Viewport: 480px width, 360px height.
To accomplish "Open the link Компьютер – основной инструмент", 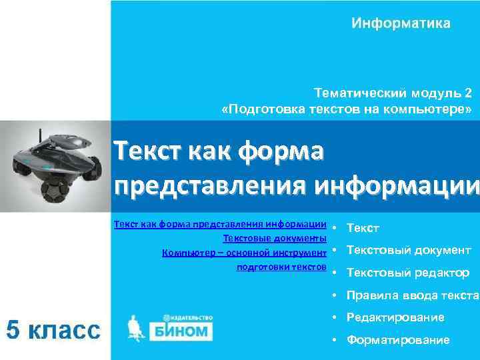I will coord(244,253).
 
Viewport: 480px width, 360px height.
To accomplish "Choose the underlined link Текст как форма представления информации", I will coord(220,225).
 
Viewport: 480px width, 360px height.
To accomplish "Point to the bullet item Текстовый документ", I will coord(409,250).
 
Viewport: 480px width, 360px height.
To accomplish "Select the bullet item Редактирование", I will coord(395,318).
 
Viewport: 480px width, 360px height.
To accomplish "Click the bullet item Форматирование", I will coord(398,341).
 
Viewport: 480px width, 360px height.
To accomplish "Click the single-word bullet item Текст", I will coord(363,228).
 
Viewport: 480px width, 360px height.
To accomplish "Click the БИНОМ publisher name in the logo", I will coord(181,331).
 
